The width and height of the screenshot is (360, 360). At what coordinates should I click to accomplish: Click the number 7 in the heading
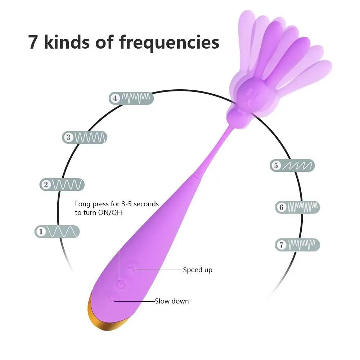coord(33,42)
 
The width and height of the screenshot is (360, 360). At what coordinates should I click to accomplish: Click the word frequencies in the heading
coord(169,43)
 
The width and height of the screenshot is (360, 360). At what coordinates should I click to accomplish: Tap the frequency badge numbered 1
coord(57,231)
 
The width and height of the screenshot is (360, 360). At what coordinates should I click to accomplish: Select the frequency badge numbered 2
coord(62,185)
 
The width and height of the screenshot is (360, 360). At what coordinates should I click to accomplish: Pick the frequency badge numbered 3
coord(85,137)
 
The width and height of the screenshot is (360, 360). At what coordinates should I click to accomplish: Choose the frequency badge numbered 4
coord(131,98)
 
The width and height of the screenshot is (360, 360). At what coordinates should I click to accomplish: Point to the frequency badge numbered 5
coord(292,165)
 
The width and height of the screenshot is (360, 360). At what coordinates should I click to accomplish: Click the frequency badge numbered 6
coord(298,207)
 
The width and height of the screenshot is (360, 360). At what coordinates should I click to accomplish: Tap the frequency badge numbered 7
coord(298,245)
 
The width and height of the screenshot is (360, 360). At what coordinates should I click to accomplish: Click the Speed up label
coord(198,270)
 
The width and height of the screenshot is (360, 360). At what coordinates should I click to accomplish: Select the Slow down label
coord(172,301)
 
